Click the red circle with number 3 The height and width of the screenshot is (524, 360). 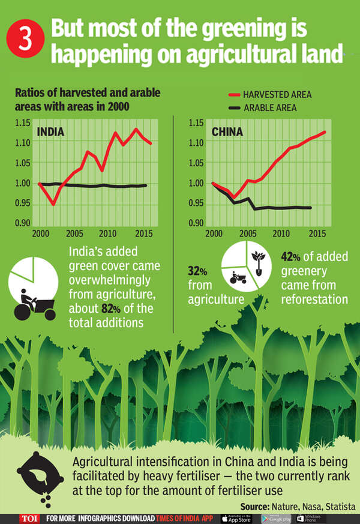26,40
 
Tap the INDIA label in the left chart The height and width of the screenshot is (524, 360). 51,132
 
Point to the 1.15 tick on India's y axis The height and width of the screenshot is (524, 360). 22,123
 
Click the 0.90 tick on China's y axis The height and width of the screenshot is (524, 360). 196,223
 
